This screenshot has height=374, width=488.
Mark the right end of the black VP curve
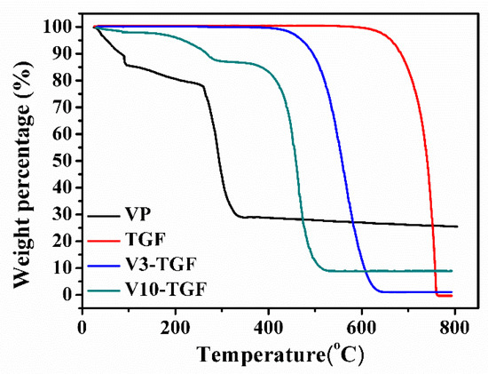point(457,227)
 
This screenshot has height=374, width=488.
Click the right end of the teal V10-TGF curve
point(452,271)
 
